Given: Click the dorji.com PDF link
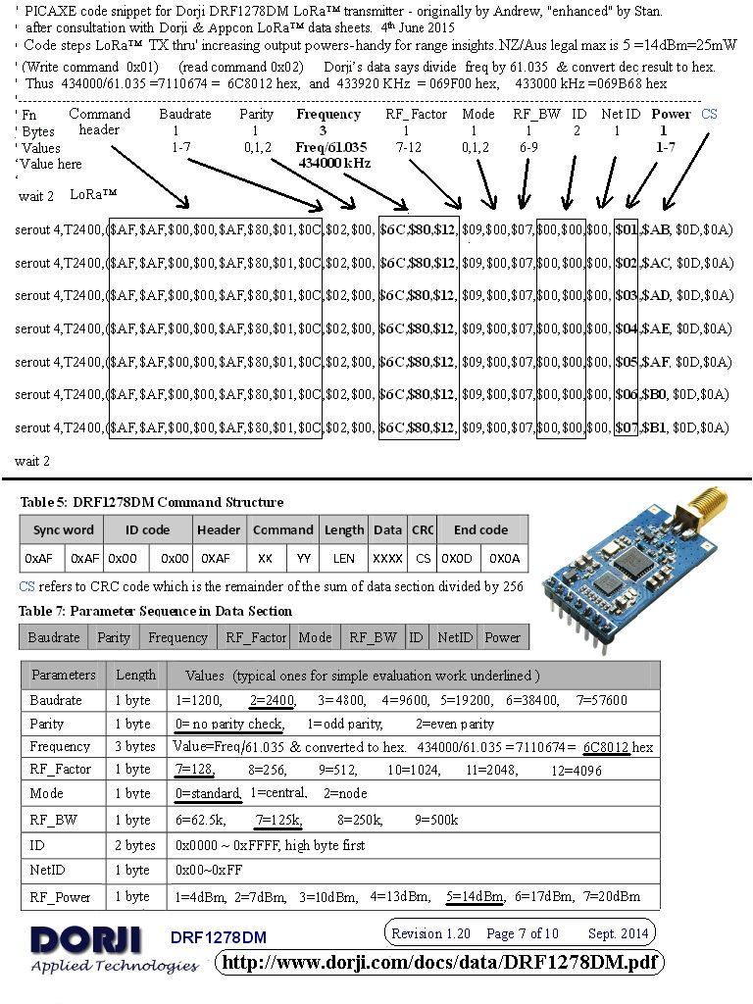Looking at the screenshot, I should pos(439,963).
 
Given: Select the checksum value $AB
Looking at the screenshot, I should pos(656,229).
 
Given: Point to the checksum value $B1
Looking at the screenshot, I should pos(656,427).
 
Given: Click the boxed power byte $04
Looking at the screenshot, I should pos(627,328).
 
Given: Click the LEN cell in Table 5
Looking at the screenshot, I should pos(344,558).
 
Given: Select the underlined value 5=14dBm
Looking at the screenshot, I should pos(475,896).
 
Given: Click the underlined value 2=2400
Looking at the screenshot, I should pos(273,700).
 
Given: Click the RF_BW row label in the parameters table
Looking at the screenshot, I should pos(48,820).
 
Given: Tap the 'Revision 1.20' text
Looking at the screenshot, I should pos(431,933).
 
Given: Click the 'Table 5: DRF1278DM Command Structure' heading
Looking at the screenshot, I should pos(152,502).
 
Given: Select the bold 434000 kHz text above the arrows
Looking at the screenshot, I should pos(334,163).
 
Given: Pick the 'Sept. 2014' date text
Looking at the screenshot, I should pos(618,933).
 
